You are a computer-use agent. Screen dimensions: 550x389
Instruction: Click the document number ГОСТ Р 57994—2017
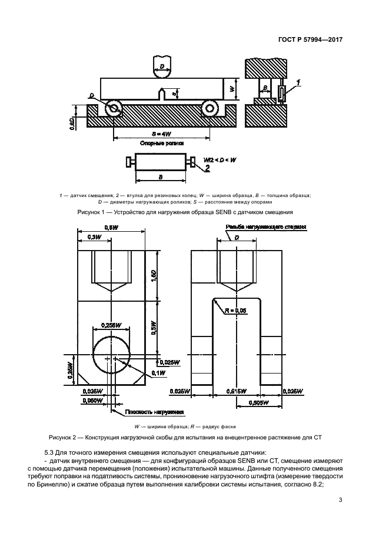pos(311,41)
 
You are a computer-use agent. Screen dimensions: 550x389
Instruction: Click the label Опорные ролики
pos(161,144)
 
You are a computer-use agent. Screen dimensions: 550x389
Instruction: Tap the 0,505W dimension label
pos(254,402)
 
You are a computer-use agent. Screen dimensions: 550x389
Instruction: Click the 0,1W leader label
pos(157,372)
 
